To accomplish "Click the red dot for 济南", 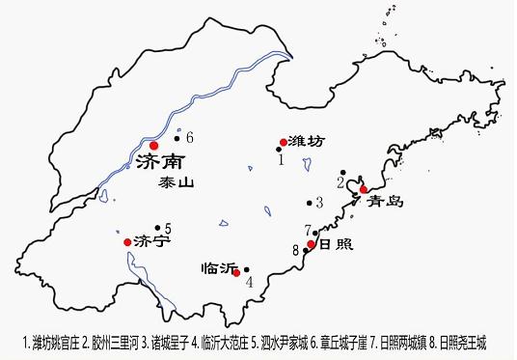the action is click(153, 145).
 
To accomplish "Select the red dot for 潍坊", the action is click(283, 141).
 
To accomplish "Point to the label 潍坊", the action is click(305, 141).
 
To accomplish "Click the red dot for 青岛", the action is click(364, 189).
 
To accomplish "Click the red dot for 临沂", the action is click(236, 272).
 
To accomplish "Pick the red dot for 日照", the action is click(312, 244).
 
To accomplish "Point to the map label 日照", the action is click(332, 243).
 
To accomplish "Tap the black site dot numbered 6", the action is click(177, 137).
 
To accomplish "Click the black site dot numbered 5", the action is click(156, 229).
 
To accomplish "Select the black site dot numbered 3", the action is click(310, 203).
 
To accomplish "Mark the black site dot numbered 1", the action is click(279, 150).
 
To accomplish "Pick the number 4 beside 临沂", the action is click(249, 282).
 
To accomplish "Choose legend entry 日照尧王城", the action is click(462, 342).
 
